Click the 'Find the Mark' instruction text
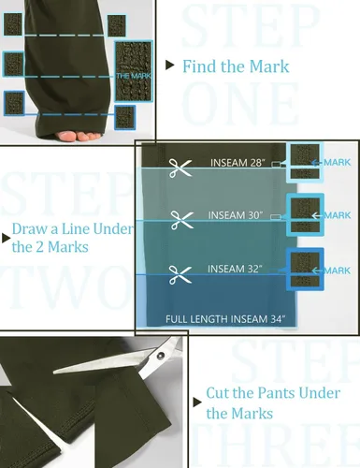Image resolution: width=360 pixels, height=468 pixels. (236, 66)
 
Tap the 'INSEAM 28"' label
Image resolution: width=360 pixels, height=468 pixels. (238, 163)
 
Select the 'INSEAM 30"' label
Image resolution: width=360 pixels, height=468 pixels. (236, 215)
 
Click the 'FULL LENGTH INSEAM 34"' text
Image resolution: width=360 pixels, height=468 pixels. (225, 319)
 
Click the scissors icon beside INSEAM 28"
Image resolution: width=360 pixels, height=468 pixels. (180, 168)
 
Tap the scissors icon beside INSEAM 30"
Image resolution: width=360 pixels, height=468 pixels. (182, 220)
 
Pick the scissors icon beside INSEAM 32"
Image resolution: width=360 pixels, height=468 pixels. (180, 274)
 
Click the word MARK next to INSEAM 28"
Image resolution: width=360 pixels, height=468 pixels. (338, 162)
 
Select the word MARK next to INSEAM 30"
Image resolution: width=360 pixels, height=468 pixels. (338, 215)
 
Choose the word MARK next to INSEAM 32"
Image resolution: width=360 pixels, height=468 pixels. (338, 271)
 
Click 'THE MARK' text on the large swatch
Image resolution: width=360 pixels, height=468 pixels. (134, 76)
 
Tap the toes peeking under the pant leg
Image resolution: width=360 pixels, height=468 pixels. (78, 136)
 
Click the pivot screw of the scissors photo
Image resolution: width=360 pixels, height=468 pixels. (161, 355)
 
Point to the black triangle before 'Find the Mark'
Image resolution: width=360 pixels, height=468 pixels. (170, 66)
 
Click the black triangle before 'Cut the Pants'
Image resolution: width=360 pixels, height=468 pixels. (197, 402)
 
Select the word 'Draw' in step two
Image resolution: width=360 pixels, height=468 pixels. (29, 228)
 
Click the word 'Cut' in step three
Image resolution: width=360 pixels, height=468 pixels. (218, 393)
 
